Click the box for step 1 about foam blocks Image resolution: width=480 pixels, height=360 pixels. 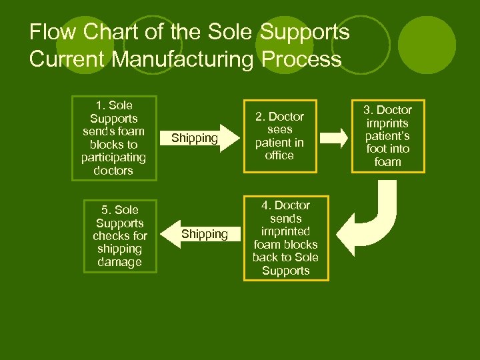[115, 137]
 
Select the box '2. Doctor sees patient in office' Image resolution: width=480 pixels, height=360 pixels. [279, 136]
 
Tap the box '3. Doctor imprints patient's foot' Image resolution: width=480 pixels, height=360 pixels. [387, 136]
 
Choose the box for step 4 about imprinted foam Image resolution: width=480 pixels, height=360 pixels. [285, 238]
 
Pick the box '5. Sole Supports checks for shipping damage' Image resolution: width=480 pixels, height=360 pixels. [119, 235]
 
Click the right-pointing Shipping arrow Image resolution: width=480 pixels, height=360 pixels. [198, 138]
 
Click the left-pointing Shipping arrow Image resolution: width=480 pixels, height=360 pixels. [200, 234]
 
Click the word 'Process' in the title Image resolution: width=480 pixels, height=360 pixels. [301, 59]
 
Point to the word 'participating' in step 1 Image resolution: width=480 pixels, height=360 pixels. [113, 157]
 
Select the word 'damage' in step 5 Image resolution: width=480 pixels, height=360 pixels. [119, 262]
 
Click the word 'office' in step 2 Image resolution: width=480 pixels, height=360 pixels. [279, 155]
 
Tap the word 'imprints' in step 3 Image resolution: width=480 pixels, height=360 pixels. [387, 123]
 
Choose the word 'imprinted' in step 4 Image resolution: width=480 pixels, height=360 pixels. [285, 231]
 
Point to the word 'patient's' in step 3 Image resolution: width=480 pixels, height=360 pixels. [387, 136]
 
